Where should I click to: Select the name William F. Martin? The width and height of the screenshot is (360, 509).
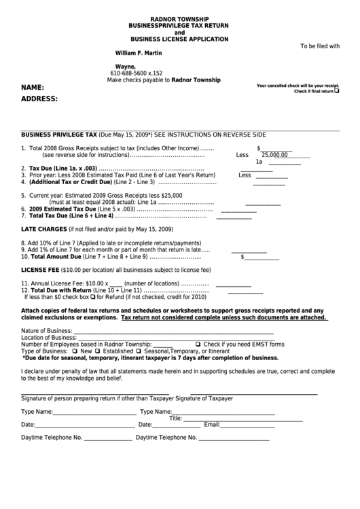pos(137,52)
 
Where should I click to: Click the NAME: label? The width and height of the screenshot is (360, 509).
pos(33,88)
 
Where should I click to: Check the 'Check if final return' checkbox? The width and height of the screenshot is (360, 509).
pos(338,90)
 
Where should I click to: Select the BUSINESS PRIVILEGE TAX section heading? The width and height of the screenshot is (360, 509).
pos(59,135)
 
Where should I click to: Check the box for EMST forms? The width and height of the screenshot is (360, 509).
pos(198,344)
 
